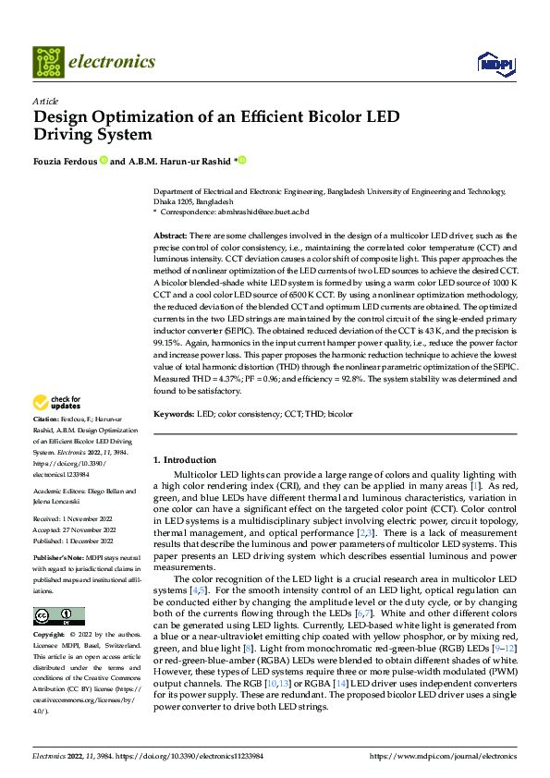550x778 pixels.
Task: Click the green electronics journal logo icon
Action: pyautogui.click(x=48, y=62)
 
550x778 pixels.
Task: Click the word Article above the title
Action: pyautogui.click(x=45, y=100)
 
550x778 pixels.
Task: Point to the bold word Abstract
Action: pyautogui.click(x=169, y=237)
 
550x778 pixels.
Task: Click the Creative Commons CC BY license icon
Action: pyautogui.click(x=59, y=616)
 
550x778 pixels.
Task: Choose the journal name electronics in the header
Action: pyautogui.click(x=112, y=62)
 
